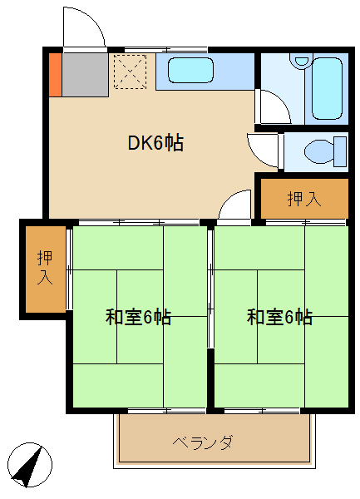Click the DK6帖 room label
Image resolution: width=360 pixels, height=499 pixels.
tap(155, 143)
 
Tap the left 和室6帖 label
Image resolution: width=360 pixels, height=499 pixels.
tap(138, 317)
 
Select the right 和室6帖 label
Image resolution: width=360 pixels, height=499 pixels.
tap(279, 317)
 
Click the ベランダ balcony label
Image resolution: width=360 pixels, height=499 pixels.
tap(203, 442)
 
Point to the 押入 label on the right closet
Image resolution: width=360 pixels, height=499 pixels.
tap(303, 199)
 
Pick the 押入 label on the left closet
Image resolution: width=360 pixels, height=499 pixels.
tap(45, 269)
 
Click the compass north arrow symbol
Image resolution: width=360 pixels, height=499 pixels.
tap(30, 465)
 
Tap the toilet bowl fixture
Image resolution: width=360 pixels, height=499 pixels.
tap(319, 151)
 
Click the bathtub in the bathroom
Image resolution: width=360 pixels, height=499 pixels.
tap(328, 89)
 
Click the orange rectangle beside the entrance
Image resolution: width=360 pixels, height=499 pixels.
tap(54, 73)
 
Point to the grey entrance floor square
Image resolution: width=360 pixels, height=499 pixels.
tap(83, 73)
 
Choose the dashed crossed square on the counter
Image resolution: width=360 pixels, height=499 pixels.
tap(130, 70)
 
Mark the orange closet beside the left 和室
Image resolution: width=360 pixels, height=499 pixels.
tap(45, 269)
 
